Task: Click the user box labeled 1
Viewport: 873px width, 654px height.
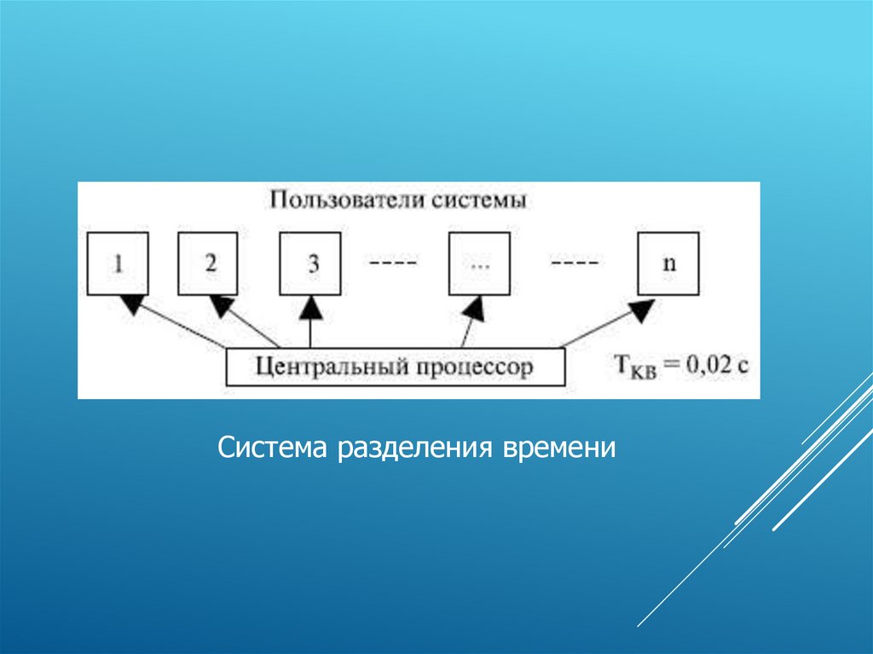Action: pos(118,263)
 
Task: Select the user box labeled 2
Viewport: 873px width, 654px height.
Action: pos(209,263)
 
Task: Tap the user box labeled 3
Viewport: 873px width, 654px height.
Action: pos(311,263)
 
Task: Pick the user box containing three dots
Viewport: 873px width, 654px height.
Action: pos(480,263)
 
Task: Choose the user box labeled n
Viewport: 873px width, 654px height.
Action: pos(669,263)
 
